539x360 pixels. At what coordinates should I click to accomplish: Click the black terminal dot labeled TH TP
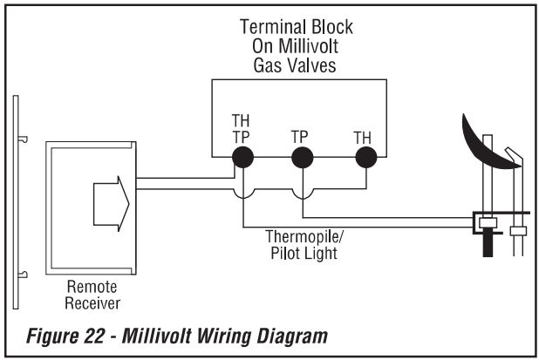click(242, 157)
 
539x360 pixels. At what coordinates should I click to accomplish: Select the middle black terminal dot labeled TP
click(302, 157)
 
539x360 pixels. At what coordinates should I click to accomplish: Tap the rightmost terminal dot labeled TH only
click(365, 157)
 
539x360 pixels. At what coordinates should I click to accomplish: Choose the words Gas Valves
click(297, 65)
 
